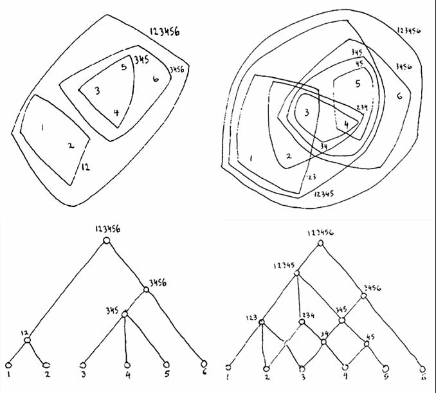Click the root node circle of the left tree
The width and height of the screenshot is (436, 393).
click(x=107, y=240)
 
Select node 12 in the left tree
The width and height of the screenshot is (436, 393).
click(x=28, y=340)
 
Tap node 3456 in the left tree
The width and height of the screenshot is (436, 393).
click(x=146, y=290)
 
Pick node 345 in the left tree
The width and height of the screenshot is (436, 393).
click(x=125, y=314)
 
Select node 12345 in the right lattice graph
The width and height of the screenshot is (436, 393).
click(x=298, y=273)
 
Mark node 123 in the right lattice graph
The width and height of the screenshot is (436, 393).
click(x=262, y=322)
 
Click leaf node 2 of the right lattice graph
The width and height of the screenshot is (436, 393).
click(x=266, y=369)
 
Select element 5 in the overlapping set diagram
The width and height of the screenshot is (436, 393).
click(x=358, y=84)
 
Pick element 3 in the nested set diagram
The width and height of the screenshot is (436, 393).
click(x=96, y=91)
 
